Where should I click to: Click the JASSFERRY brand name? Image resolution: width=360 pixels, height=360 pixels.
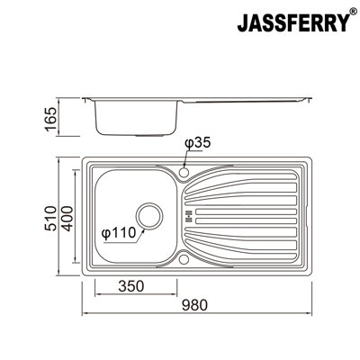(x=293, y=22)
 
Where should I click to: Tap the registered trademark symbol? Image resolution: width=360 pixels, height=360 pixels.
(x=353, y=12)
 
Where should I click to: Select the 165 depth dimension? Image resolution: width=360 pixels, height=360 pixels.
(x=50, y=119)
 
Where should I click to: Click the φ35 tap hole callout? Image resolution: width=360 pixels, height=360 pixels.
(x=198, y=143)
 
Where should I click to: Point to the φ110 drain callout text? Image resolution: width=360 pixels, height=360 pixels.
(x=119, y=233)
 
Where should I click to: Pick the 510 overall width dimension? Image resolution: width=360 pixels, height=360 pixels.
(x=50, y=218)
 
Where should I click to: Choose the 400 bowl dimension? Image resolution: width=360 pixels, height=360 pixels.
(x=67, y=218)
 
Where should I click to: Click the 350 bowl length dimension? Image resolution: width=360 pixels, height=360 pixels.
(x=131, y=286)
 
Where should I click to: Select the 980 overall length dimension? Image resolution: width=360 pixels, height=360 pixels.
(x=195, y=305)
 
